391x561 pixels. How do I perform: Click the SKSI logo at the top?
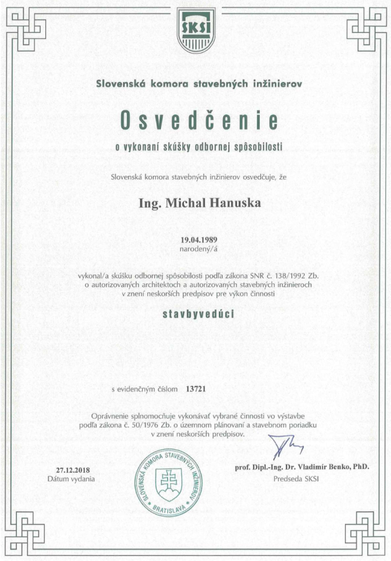click(x=195, y=31)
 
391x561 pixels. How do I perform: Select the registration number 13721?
click(x=195, y=390)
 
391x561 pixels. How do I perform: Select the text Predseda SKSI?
click(x=295, y=479)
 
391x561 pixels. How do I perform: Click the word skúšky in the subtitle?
click(x=180, y=147)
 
